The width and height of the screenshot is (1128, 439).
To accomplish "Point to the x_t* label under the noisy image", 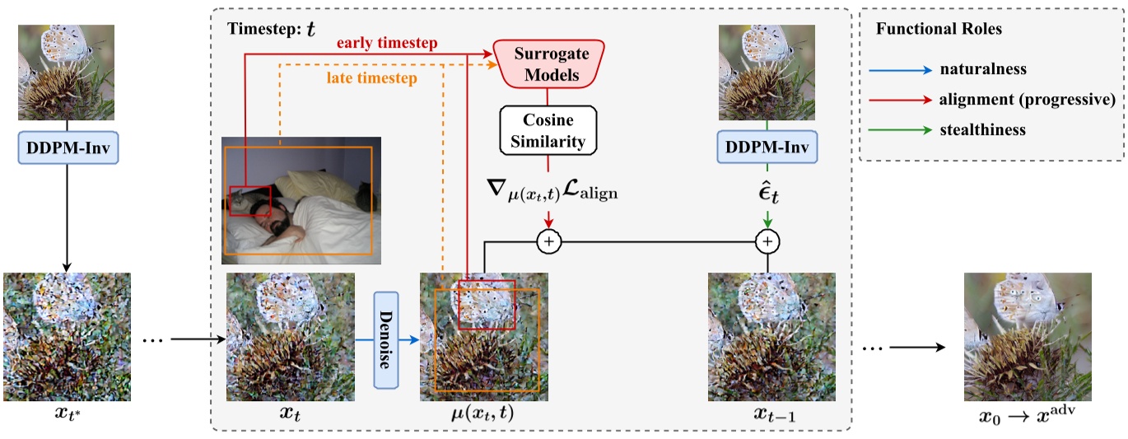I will (x=66, y=414).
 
